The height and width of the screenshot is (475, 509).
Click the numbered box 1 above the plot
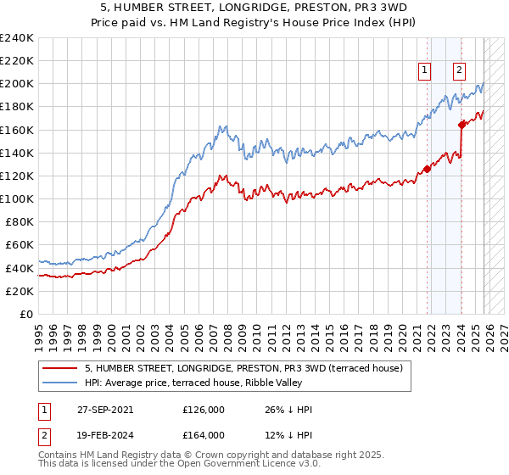click(423, 71)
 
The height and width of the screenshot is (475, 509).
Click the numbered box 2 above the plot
click(458, 71)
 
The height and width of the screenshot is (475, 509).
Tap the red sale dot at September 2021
click(427, 169)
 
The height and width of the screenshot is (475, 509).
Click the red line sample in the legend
click(61, 367)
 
